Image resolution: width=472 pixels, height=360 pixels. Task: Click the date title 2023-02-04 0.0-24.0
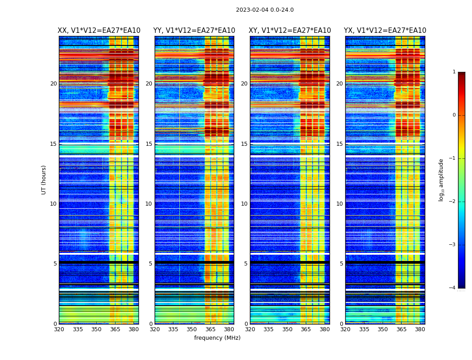click(265, 10)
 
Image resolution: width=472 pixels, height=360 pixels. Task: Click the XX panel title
click(99, 31)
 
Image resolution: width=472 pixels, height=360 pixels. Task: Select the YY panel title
click(194, 31)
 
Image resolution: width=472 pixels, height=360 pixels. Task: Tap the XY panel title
click(290, 31)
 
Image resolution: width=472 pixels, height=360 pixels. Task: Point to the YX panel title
click(385, 31)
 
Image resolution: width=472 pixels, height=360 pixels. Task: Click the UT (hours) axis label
click(44, 180)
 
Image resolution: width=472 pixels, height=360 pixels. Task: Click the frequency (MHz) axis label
click(217, 338)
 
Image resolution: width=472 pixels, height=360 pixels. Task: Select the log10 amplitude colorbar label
click(441, 180)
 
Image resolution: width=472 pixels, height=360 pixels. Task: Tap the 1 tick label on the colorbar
click(454, 72)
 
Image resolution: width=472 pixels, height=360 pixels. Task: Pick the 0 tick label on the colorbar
click(454, 115)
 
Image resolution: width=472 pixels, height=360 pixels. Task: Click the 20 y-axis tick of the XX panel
click(53, 84)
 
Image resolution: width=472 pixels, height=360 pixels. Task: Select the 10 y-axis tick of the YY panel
click(149, 204)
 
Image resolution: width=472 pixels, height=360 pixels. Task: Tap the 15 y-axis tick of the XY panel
click(244, 144)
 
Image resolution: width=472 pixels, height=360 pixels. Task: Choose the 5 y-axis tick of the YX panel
click(341, 264)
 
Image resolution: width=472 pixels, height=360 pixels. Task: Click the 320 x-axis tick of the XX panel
click(59, 329)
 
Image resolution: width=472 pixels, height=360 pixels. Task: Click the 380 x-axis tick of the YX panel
click(420, 329)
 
